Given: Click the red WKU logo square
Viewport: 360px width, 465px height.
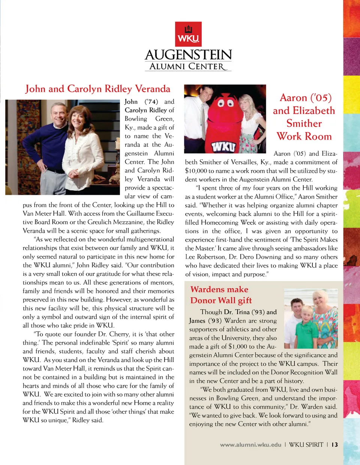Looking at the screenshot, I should [188, 34].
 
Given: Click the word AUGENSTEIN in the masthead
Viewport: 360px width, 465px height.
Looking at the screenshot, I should [188, 55].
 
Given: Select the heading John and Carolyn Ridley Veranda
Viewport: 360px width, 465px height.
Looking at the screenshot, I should [97, 89].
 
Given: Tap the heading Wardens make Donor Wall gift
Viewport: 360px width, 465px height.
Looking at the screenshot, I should [221, 295].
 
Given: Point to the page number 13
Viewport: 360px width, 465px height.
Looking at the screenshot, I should [334, 445].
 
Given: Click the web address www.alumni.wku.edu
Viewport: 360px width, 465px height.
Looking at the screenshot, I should [250, 445].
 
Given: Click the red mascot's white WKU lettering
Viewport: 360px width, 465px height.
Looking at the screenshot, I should [223, 146].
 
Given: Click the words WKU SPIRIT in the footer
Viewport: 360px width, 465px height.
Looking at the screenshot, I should [306, 445].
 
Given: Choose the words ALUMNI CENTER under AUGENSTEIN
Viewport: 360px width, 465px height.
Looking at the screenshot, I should [188, 67].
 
